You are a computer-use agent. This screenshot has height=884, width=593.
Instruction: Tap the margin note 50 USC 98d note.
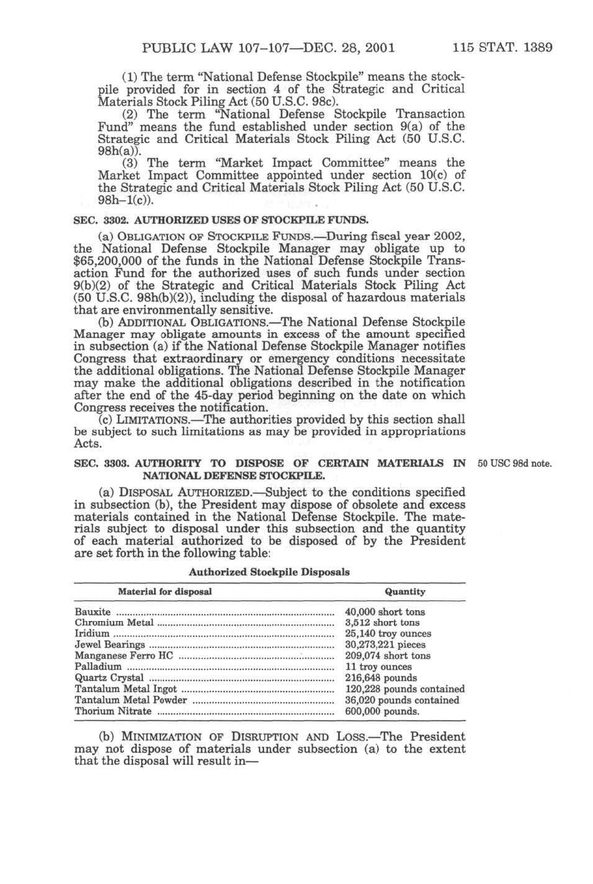[514, 464]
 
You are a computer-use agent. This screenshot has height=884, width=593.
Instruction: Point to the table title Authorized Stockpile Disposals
[269, 572]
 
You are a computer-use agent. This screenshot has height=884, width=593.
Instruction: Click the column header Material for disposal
[165, 592]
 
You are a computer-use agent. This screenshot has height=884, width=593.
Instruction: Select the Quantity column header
[405, 592]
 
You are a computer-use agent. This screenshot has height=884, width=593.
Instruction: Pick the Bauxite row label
[92, 612]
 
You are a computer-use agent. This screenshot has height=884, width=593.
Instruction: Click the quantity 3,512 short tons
[382, 623]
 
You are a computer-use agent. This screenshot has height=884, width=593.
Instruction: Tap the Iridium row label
[92, 633]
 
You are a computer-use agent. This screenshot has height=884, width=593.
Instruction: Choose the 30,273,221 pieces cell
[385, 645]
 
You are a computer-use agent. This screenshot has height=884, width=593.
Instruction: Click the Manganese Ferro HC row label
[124, 656]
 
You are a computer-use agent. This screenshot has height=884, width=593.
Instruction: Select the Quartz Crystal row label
[109, 678]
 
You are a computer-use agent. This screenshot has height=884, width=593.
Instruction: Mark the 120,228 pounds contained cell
[404, 689]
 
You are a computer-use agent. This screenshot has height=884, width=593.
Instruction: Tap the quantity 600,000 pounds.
[382, 711]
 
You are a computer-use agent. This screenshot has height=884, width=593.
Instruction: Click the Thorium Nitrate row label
[113, 711]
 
